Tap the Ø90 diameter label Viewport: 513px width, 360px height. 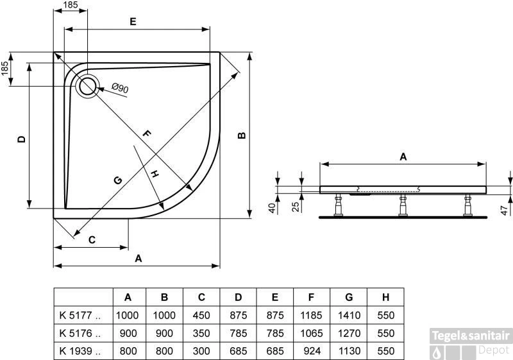point(120,88)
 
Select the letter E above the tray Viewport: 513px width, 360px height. point(132,21)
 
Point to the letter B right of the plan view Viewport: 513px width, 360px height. point(241,135)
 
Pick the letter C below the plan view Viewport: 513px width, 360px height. point(92,239)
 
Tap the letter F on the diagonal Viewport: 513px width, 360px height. point(146,134)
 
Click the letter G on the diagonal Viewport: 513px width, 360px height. point(117,180)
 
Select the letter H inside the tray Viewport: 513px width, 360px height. point(154,174)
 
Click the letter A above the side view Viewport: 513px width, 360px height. point(403,156)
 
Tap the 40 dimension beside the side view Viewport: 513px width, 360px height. point(272,208)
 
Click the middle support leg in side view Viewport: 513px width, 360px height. point(402,206)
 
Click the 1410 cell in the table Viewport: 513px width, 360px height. point(348,315)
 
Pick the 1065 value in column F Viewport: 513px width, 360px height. point(312,333)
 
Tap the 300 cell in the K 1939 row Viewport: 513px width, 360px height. point(201,351)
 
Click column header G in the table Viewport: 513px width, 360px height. point(348,297)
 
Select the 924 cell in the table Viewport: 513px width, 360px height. point(312,351)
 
